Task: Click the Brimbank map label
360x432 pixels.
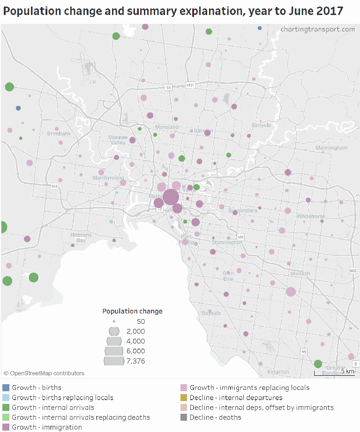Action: [x=59, y=134]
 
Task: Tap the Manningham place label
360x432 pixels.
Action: [x=331, y=148]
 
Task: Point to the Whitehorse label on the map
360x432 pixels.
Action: [x=310, y=216]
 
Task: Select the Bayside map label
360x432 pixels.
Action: [x=211, y=313]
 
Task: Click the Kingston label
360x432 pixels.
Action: [x=278, y=372]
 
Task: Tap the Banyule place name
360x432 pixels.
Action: [x=261, y=125]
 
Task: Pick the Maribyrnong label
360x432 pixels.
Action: [x=108, y=178]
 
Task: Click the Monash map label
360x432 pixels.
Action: [x=300, y=274]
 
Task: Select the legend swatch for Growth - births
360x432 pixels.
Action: [x=6, y=387]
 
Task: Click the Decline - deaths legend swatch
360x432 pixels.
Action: [x=184, y=417]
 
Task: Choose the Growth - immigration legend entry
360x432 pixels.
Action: [x=46, y=427]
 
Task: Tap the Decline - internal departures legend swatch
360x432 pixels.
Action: [x=184, y=397]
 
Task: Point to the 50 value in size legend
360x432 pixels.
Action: [x=141, y=321]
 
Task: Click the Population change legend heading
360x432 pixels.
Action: [x=132, y=311]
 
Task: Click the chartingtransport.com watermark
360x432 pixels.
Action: [x=317, y=29]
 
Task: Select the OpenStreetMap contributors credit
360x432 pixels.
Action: [x=44, y=373]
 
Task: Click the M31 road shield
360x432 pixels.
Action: [x=190, y=85]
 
